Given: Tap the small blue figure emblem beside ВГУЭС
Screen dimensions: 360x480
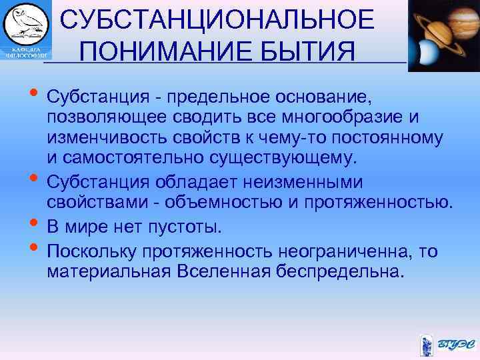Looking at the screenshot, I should point(427,345).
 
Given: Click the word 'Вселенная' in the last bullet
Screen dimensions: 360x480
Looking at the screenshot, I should point(225,272).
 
